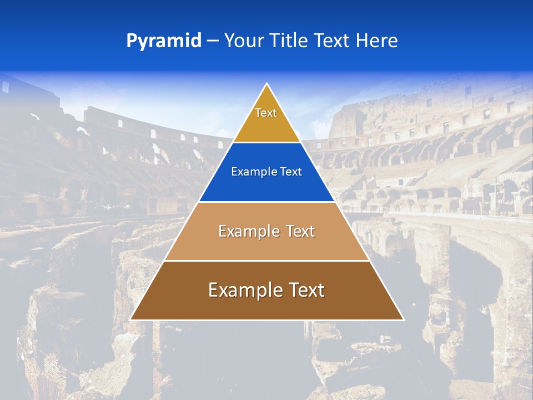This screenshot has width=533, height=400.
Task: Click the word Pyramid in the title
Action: pyautogui.click(x=163, y=41)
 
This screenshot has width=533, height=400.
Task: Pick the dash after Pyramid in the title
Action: pyautogui.click(x=212, y=41)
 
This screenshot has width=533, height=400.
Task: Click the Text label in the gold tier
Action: pyautogui.click(x=266, y=113)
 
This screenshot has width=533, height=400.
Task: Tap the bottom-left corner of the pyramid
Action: pyautogui.click(x=131, y=319)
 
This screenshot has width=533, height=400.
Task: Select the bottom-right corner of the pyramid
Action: pyautogui.click(x=403, y=319)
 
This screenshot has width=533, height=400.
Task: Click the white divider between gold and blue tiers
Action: pyautogui.click(x=266, y=142)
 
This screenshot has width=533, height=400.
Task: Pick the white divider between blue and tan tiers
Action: pyautogui.click(x=266, y=202)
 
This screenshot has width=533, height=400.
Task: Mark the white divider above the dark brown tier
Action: pyautogui.click(x=266, y=261)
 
